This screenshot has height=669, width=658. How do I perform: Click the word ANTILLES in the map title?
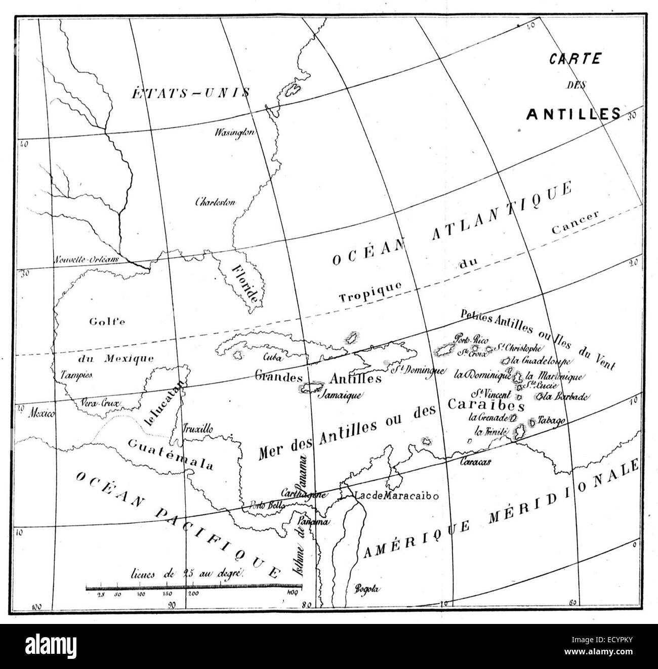(573, 114)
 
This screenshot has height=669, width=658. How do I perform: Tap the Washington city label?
(234, 133)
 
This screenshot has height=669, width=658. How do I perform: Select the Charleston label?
(216, 202)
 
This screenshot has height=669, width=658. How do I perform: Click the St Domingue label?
(418, 370)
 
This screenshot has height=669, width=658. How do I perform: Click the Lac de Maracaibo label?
(396, 496)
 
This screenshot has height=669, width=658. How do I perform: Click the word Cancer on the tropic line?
(575, 222)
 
